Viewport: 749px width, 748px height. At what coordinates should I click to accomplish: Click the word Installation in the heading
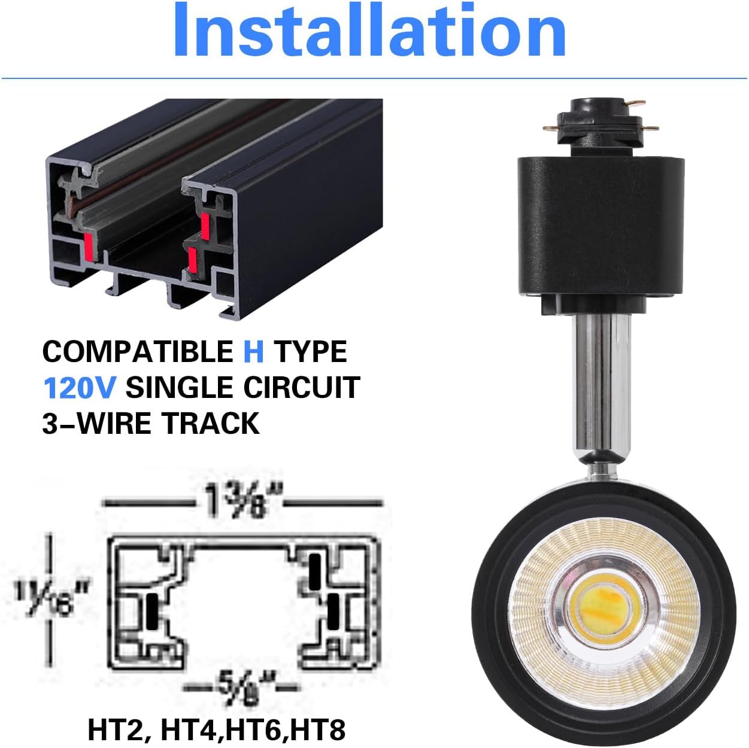[369, 31]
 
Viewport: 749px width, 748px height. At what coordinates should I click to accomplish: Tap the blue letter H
[253, 351]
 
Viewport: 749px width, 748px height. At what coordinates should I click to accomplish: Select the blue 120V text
[79, 388]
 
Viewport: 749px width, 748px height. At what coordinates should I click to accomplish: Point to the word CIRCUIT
[301, 388]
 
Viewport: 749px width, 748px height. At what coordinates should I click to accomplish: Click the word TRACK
[210, 423]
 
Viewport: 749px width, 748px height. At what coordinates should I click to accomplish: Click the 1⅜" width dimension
[242, 501]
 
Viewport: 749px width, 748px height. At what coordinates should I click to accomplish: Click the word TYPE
[311, 351]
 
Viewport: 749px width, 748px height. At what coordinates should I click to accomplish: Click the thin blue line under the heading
[374, 78]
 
